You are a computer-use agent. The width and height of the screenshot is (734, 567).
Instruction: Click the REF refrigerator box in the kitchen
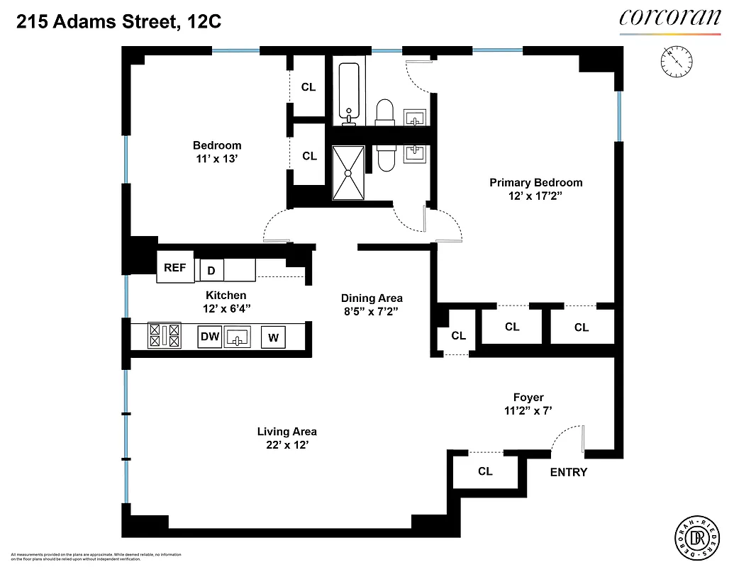tap(174, 267)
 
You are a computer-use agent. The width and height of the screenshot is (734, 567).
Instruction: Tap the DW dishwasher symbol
tap(210, 337)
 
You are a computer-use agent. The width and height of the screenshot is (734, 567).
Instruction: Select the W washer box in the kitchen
tap(273, 338)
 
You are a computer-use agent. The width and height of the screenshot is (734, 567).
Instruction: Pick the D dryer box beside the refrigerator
tap(211, 270)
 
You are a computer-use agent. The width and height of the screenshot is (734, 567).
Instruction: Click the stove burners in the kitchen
tap(164, 335)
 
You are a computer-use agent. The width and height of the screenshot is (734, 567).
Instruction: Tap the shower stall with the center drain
tap(348, 173)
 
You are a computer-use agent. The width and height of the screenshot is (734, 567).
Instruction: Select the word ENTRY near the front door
tap(569, 472)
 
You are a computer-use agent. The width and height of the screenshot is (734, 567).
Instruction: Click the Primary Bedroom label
tap(535, 182)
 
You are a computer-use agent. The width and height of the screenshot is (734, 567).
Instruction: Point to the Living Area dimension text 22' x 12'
tap(287, 445)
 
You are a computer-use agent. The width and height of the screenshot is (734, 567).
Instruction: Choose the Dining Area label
tap(372, 298)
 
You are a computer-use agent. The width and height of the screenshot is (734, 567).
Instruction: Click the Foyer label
tap(528, 397)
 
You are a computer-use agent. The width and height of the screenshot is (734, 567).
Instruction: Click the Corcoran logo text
tap(669, 17)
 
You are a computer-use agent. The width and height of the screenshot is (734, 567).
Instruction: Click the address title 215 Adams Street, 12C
tap(118, 22)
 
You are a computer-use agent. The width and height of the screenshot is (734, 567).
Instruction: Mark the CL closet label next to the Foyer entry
tap(485, 471)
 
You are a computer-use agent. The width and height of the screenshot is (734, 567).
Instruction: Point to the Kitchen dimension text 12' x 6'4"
tap(226, 308)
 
